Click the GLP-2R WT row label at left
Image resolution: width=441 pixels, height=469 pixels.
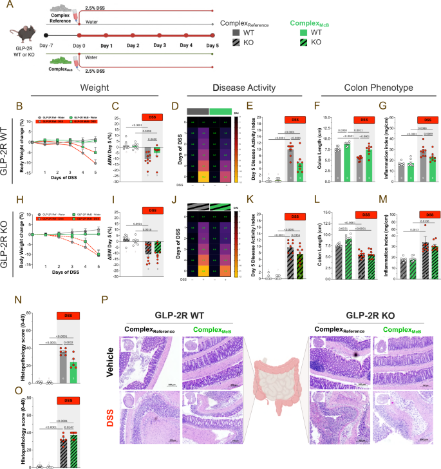click(7, 139)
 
